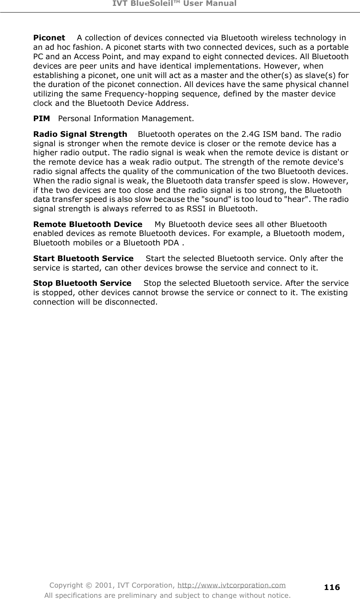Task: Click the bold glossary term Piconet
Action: pyautogui.click(x=49, y=38)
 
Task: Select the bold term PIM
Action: pyautogui.click(x=42, y=118)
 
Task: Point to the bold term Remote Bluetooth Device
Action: pyautogui.click(x=88, y=225)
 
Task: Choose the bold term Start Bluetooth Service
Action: pyautogui.click(x=84, y=259)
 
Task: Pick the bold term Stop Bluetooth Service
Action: pyautogui.click(x=82, y=283)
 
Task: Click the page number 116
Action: pyautogui.click(x=332, y=587)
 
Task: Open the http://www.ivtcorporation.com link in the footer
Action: pyautogui.click(x=231, y=586)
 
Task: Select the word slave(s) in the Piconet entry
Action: pyautogui.click(x=320, y=76)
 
